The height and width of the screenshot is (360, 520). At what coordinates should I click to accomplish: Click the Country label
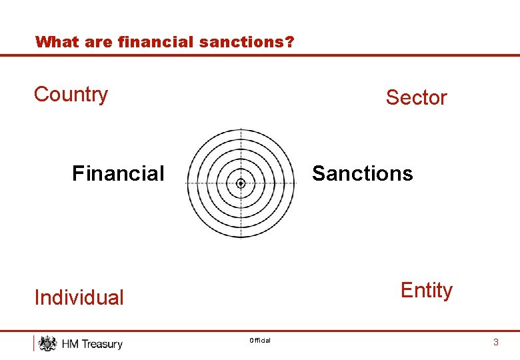[x=71, y=94]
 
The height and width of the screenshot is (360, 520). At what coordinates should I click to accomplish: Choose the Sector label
[x=416, y=97]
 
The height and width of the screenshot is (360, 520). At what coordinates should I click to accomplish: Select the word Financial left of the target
[x=117, y=173]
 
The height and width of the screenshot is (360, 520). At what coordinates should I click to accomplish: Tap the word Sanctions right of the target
[x=362, y=173]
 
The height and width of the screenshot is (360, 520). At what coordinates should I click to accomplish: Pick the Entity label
[x=426, y=291]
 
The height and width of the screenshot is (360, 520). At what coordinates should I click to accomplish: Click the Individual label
[x=79, y=297]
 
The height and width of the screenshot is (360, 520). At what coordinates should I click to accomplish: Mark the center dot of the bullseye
[x=241, y=183]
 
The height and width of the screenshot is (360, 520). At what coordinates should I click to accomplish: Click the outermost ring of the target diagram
[x=241, y=130]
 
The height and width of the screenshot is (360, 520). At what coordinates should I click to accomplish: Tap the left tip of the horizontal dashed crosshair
[x=187, y=183]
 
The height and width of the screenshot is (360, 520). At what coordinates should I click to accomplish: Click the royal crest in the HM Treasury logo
[x=47, y=343]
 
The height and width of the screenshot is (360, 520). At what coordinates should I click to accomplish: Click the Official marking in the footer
[x=260, y=341]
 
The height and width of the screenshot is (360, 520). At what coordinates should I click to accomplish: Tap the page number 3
[x=495, y=342]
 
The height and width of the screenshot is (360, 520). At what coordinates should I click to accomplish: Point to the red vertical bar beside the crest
[x=34, y=343]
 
